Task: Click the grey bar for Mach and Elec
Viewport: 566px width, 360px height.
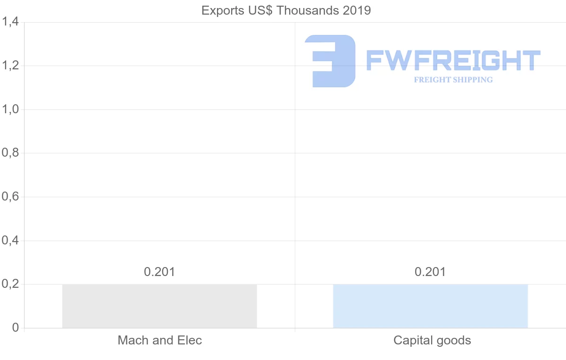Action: [159, 306]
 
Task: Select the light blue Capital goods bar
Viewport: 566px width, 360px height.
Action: [430, 306]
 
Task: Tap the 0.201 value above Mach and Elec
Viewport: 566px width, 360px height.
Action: [159, 272]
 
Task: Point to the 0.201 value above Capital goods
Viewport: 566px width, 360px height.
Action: [430, 272]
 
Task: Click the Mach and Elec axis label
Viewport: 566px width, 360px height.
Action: [159, 340]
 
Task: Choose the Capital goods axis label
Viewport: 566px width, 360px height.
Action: [432, 340]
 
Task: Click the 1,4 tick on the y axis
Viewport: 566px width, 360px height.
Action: [10, 22]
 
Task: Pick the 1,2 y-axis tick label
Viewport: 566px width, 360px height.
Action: [10, 66]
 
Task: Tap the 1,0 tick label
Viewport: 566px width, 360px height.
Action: [10, 109]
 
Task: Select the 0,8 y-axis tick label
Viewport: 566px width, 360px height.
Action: [10, 153]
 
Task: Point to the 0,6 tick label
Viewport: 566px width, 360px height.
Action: [10, 197]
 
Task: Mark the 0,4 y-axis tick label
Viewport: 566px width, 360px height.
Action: [10, 241]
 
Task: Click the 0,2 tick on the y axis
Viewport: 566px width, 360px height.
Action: [10, 284]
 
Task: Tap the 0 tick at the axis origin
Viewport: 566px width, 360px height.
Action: [15, 328]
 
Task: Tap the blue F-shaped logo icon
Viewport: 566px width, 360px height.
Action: [330, 61]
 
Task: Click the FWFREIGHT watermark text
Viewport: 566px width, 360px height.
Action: [453, 60]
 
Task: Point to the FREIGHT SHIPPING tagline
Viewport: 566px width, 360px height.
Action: [453, 80]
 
